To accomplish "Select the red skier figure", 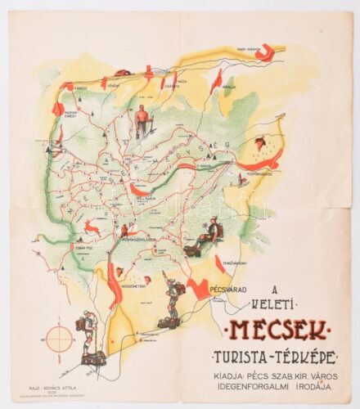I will (x=143, y=121).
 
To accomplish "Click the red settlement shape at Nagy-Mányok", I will (x=263, y=58).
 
